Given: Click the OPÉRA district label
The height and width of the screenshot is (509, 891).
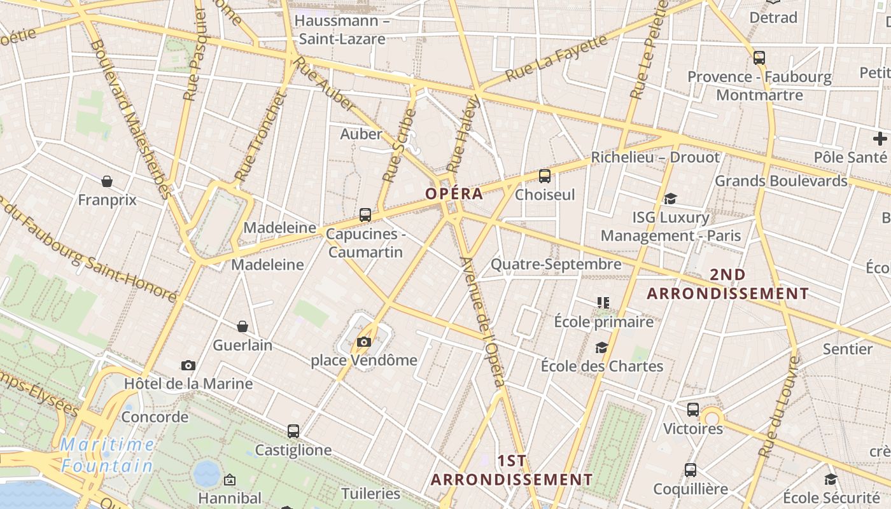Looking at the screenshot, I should click(454, 194).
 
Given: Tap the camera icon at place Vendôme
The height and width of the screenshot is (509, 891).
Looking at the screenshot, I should click(364, 342).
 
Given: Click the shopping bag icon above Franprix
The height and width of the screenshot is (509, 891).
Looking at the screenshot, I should click(107, 182).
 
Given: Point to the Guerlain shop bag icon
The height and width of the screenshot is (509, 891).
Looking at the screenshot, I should click(242, 327).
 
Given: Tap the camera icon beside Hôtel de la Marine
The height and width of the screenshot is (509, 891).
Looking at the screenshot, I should click(188, 365).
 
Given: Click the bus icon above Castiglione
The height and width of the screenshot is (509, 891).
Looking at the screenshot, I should click(293, 431).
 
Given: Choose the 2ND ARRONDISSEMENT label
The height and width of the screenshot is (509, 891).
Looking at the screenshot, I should click(727, 284).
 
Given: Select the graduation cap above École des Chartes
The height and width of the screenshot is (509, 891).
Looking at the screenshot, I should click(601, 347).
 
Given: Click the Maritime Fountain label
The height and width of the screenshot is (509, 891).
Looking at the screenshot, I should click(108, 455).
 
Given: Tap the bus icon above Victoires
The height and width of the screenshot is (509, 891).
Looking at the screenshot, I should click(693, 410).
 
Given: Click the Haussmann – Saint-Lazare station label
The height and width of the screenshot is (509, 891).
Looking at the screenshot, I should click(342, 30).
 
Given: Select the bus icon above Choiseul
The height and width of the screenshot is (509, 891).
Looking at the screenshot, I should click(544, 176).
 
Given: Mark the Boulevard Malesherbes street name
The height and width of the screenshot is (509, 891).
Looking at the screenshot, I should click(131, 118).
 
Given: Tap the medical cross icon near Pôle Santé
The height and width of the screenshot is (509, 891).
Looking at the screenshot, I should click(880, 139).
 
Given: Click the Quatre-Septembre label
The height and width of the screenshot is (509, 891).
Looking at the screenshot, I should click(556, 264).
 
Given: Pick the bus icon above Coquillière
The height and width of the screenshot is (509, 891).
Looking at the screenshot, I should click(691, 470).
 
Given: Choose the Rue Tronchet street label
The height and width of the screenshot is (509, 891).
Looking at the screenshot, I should click(257, 137).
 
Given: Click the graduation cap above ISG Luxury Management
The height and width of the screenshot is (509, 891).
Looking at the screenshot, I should click(670, 199).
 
